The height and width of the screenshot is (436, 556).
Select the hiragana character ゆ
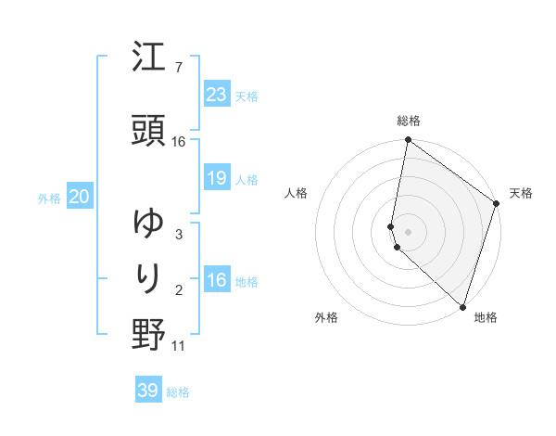point(148,224)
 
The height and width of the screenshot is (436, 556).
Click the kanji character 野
point(148,335)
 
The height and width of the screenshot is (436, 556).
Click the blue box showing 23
point(216,94)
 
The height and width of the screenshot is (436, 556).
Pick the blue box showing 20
point(79,196)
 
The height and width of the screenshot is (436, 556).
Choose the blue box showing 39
point(148,391)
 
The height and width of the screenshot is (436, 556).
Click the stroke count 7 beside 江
point(179,67)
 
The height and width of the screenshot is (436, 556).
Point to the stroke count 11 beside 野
point(179,346)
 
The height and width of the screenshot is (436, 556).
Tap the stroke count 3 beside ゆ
point(179,234)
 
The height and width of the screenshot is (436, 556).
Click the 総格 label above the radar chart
point(409,121)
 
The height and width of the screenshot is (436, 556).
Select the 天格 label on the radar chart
point(521,193)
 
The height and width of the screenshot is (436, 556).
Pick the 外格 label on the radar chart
point(326,317)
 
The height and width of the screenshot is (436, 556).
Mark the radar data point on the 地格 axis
point(462,307)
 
